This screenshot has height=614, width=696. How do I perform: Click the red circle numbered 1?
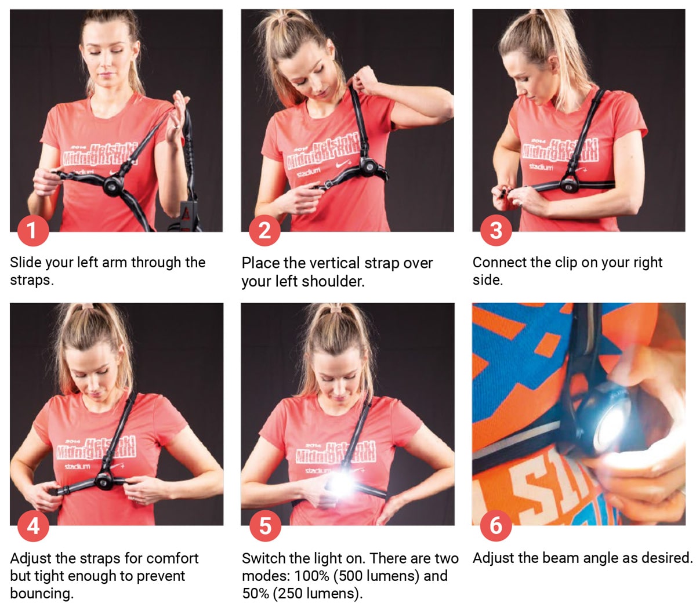tap(32, 230)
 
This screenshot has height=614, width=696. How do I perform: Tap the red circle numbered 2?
tap(264, 230)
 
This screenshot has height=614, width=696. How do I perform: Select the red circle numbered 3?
tap(495, 230)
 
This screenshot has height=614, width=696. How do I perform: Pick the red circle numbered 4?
tap(33, 525)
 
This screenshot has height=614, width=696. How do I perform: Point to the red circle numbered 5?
tap(264, 525)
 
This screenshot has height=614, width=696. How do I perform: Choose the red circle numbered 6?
tap(495, 525)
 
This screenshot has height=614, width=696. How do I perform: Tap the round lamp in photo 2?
tap(368, 168)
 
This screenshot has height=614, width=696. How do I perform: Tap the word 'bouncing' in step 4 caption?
tap(41, 594)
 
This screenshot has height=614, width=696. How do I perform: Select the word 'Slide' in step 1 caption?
tap(26, 263)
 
